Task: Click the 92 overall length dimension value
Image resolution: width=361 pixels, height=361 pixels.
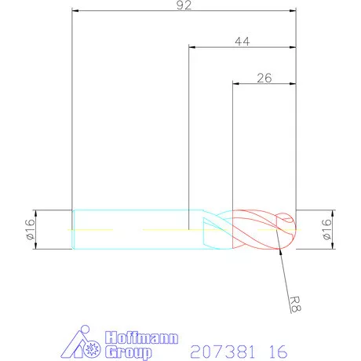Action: point(184,5)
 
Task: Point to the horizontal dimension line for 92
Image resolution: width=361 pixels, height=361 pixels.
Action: point(184,12)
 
